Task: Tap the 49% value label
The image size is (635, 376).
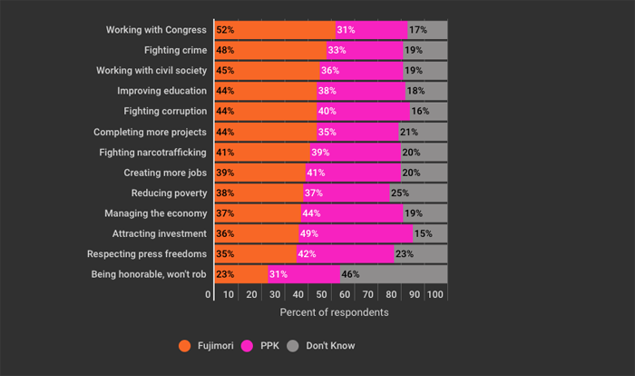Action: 308,233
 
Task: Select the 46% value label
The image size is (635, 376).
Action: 350,273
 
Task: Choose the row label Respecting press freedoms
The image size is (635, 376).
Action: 147,253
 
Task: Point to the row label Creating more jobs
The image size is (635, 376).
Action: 165,172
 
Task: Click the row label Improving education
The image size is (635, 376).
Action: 162,91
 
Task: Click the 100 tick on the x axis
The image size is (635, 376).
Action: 435,294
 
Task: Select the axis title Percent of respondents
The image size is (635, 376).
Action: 334,312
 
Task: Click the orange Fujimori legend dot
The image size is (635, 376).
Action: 185,345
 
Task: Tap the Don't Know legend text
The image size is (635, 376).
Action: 329,345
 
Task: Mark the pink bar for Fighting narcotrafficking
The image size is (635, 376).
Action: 354,152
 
